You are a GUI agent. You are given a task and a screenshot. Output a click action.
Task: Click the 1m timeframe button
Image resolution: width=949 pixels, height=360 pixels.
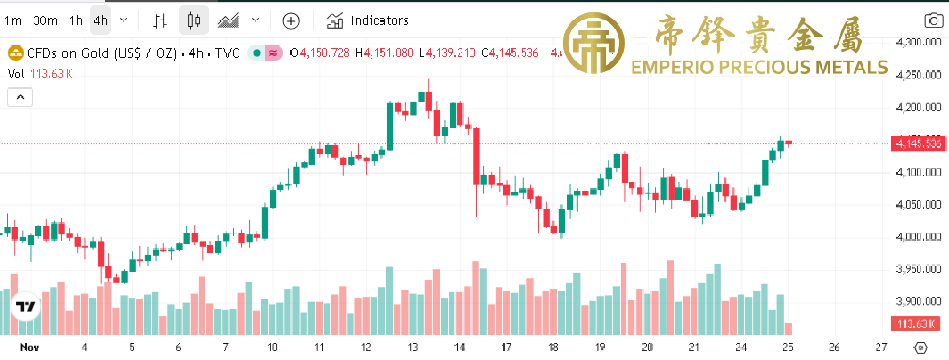pos(12,20)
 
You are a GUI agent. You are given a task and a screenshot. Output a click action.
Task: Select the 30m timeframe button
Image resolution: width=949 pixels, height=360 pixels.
pos(45,20)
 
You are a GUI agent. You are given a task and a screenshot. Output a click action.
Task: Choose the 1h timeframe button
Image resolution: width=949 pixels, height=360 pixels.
pos(77,20)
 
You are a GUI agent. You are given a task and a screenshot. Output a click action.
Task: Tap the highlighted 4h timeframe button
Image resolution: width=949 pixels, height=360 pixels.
pos(100,20)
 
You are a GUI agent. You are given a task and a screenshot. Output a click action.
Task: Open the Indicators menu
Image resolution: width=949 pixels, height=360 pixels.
pos(368,20)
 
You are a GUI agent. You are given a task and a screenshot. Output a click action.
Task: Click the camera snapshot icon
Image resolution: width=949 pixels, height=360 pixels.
pos(932,20)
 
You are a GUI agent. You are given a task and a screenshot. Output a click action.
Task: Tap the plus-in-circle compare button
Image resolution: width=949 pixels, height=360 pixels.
pos(290,20)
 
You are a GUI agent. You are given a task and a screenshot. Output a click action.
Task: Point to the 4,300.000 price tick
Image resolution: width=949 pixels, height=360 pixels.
pos(919,42)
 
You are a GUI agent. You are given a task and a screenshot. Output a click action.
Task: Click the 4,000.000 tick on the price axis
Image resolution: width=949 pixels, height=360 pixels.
pos(919,237)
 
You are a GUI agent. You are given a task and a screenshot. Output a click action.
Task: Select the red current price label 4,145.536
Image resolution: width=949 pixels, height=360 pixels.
pos(917,143)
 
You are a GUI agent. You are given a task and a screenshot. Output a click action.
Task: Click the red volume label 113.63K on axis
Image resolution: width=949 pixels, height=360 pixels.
pos(917,323)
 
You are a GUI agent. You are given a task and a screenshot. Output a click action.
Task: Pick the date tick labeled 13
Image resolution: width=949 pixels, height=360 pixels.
pos(413,347)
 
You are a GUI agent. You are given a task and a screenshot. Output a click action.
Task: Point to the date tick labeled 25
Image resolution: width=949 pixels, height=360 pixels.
pos(787,347)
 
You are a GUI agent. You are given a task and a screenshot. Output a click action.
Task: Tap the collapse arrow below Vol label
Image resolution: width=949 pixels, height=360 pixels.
pos(20,98)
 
